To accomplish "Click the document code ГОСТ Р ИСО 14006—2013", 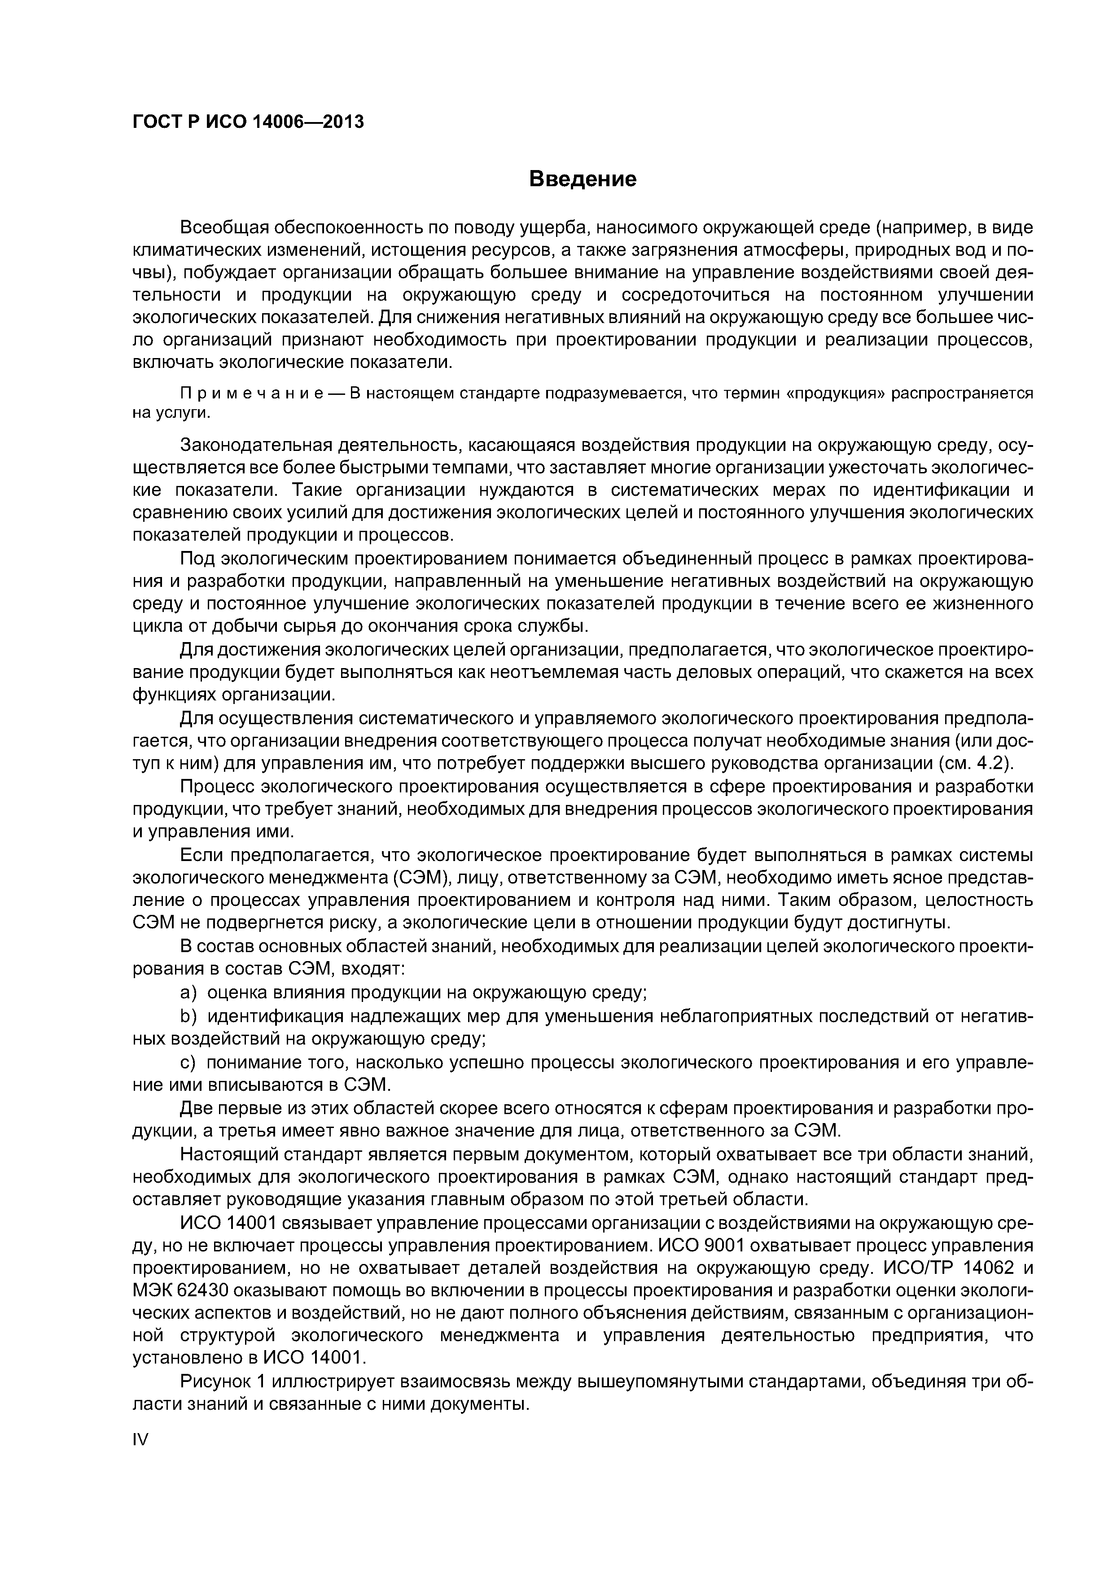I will coord(248,122).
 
